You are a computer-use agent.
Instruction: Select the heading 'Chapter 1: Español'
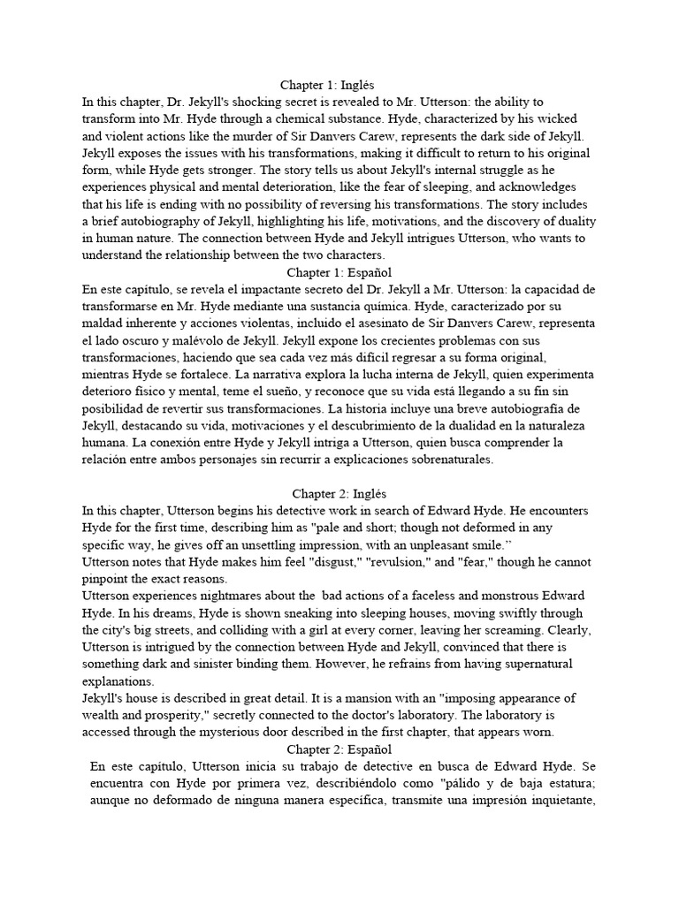click(x=339, y=272)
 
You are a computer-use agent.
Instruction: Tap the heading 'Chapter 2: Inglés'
click(x=339, y=494)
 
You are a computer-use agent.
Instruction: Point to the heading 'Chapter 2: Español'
click(x=339, y=749)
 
